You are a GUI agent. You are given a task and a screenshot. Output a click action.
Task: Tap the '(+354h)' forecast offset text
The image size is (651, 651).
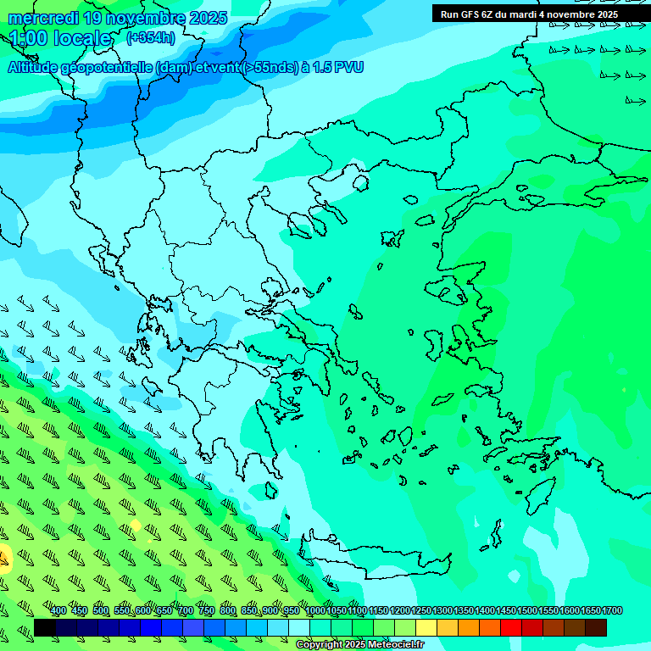tap(151, 37)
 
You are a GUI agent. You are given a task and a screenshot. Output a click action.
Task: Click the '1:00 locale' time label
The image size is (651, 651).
tap(60, 38)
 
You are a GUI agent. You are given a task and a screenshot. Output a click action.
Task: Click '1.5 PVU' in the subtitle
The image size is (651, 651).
tap(338, 67)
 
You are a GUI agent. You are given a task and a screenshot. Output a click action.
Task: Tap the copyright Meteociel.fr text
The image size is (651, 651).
tap(359, 645)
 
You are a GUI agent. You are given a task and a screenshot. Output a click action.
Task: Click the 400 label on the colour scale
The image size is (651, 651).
tap(58, 611)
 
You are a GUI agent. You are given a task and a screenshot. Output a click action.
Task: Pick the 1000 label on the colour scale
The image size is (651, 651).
tap(315, 611)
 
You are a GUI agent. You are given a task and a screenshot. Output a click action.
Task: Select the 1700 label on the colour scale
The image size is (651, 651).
tap(612, 611)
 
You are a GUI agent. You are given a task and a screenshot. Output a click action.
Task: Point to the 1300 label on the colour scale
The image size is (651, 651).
tap(442, 611)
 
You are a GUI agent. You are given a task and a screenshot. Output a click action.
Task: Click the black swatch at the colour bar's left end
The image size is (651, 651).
tap(45, 627)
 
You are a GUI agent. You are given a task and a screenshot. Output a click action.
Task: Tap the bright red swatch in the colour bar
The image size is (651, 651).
tap(511, 627)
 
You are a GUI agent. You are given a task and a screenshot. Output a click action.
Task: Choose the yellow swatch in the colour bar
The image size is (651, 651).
tap(426, 627)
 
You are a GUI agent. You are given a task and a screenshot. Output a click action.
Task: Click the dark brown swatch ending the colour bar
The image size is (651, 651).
tap(596, 627)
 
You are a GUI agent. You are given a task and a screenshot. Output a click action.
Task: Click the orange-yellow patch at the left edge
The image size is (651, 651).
tap(3, 558)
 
